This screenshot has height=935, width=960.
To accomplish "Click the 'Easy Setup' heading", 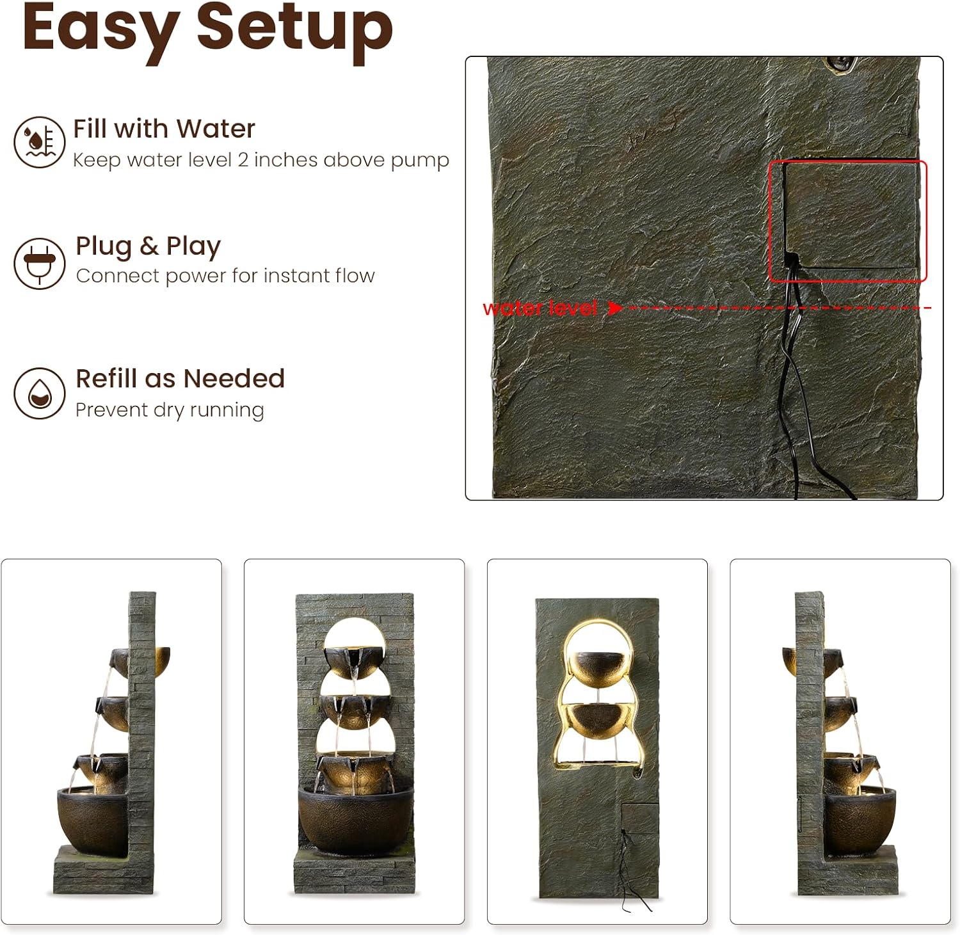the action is pyautogui.click(x=207, y=31).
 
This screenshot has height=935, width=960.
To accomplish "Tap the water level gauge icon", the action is pyautogui.click(x=40, y=142).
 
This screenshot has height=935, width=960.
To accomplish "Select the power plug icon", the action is pyautogui.click(x=40, y=263).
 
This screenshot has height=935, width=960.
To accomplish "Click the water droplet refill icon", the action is pyautogui.click(x=40, y=393).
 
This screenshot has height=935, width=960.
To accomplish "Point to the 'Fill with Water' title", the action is pyautogui.click(x=164, y=129).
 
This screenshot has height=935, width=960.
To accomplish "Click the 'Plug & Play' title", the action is pyautogui.click(x=148, y=246).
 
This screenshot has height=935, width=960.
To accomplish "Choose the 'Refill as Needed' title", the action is pyautogui.click(x=180, y=378).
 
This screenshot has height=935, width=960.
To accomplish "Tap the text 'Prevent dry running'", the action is pyautogui.click(x=170, y=410).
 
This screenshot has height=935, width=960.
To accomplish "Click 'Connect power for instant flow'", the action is pyautogui.click(x=225, y=276).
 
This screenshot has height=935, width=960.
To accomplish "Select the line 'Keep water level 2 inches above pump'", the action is pyautogui.click(x=261, y=159).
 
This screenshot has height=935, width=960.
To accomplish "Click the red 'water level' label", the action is pyautogui.click(x=540, y=308).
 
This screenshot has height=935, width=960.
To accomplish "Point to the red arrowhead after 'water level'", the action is pyautogui.click(x=614, y=308).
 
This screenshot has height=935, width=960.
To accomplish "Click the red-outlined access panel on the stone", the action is pyautogui.click(x=847, y=221).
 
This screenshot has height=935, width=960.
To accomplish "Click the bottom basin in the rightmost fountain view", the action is pyautogui.click(x=860, y=822).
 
